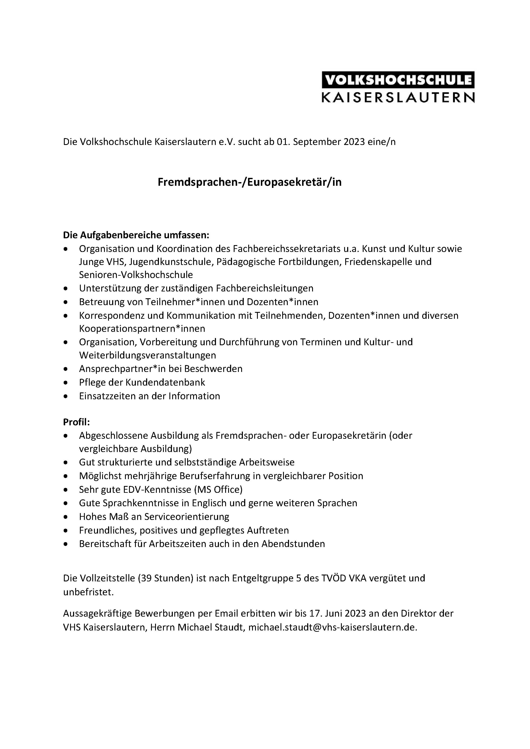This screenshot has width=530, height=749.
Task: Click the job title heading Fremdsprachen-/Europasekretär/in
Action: point(249,182)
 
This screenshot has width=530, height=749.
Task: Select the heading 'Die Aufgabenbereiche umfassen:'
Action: point(136,235)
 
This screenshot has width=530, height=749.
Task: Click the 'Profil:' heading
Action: point(76,422)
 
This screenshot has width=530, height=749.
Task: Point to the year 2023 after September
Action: point(354,142)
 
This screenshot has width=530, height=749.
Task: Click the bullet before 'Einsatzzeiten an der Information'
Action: point(66,396)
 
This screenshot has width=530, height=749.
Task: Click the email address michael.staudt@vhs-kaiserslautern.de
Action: point(333,627)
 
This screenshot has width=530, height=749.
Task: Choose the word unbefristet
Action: point(88,592)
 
